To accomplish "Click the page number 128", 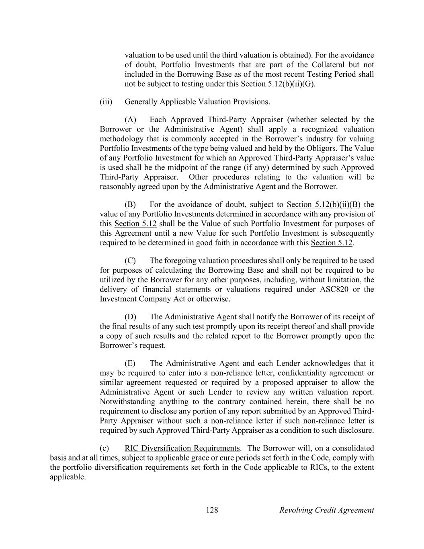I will tap(212, 510).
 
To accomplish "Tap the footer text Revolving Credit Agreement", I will tap(326, 510).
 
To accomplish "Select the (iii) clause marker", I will tap(106, 102).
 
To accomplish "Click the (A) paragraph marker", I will tap(131, 119).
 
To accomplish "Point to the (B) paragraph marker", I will tap(131, 204).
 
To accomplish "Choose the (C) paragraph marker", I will tap(131, 261).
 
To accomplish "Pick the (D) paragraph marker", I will tap(131, 317).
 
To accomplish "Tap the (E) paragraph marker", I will tap(130, 363).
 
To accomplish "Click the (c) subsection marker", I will tap(104, 448).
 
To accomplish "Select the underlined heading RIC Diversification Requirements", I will tap(182, 448).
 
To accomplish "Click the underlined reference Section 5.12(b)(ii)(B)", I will tap(324, 204).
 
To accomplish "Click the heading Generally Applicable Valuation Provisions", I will tap(197, 102).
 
